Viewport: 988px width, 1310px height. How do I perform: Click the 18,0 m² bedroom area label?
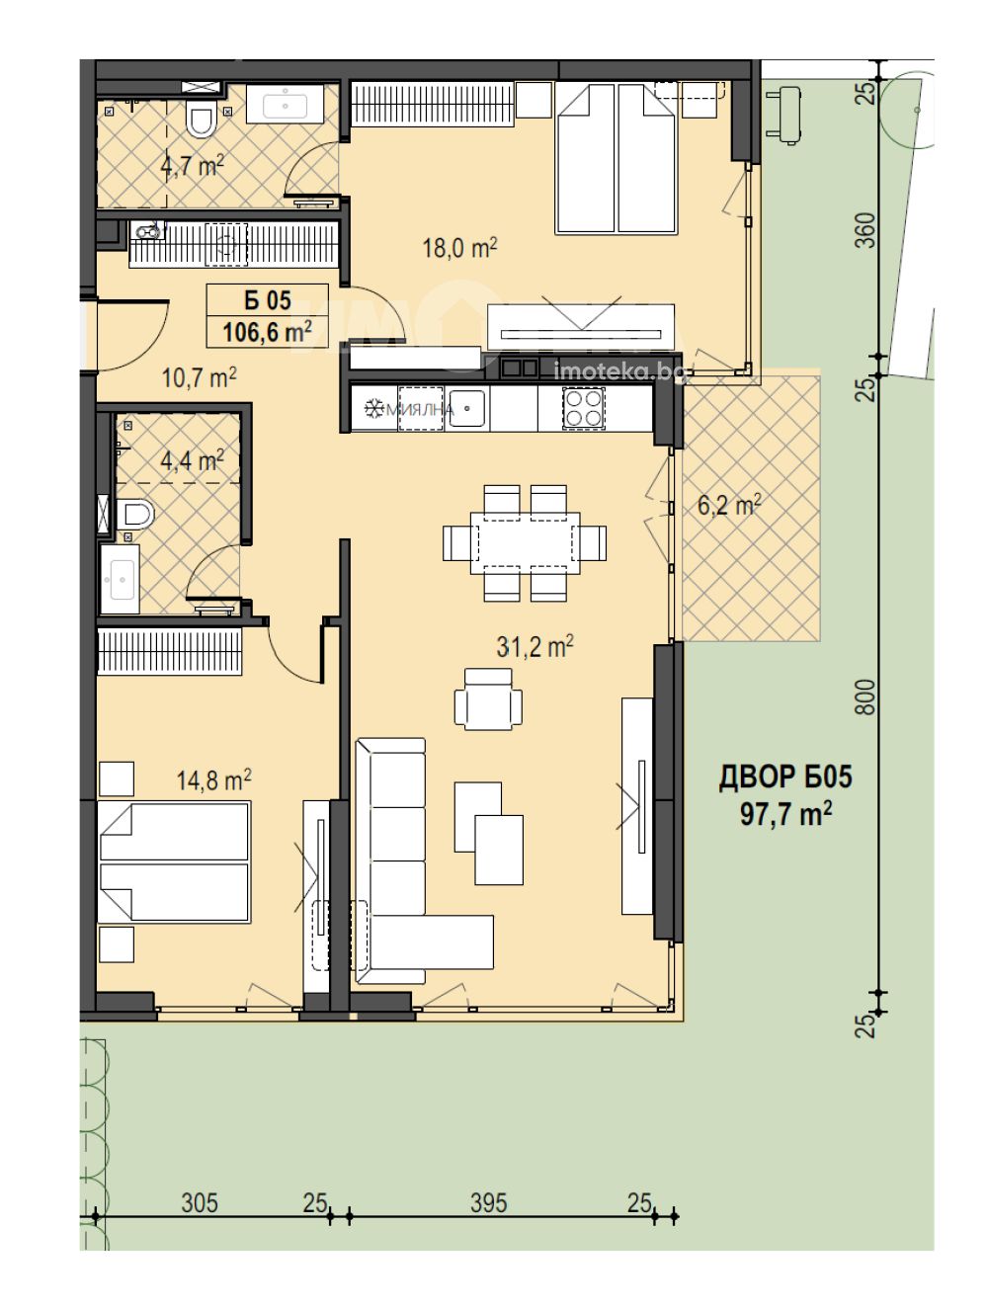[x=459, y=247]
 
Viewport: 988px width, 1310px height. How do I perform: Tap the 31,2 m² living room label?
[x=535, y=646]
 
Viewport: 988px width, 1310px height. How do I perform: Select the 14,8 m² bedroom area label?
[x=213, y=779]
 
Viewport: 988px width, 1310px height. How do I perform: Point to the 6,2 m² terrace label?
[x=729, y=506]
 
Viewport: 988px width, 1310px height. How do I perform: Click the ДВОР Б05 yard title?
[x=785, y=778]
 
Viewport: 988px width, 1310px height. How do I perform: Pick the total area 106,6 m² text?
[x=268, y=332]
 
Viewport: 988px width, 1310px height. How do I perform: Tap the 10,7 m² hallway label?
[x=200, y=377]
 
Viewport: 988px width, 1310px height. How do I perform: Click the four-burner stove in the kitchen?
[x=584, y=408]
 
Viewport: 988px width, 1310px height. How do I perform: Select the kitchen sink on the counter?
[x=466, y=408]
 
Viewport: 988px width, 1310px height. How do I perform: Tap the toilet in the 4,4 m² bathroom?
[x=135, y=514]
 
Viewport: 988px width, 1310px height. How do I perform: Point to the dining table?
[x=525, y=542]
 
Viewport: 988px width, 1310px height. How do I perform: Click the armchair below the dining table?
[x=488, y=698]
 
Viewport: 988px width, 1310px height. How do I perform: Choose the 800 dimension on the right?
[x=866, y=696]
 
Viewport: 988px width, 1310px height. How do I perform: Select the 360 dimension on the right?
[x=866, y=230]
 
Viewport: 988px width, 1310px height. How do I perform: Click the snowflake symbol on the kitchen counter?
[x=374, y=409]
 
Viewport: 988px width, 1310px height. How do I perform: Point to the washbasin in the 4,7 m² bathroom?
[x=286, y=105]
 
